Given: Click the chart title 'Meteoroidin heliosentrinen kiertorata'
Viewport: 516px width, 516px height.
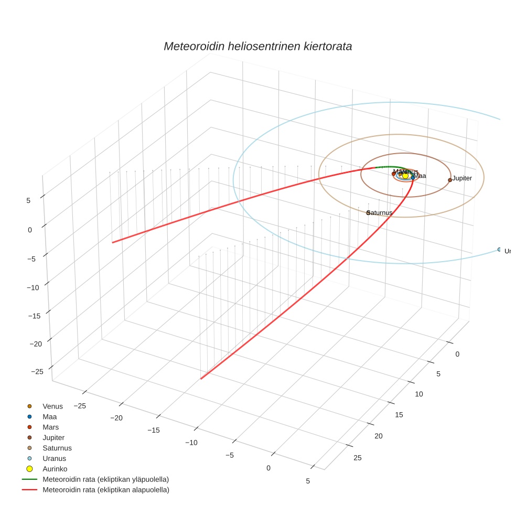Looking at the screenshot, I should (257, 46).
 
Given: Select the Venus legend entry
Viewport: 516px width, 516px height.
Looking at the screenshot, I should (52, 406).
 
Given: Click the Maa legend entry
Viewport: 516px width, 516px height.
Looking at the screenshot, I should (49, 416).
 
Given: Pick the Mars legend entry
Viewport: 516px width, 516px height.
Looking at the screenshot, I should (50, 427).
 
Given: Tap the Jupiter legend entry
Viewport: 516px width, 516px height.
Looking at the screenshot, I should (53, 437).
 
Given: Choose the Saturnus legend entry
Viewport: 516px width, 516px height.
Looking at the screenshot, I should (57, 448).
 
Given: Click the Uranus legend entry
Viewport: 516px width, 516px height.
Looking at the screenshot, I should (54, 458).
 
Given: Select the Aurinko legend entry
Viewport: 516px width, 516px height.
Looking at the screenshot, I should (55, 469).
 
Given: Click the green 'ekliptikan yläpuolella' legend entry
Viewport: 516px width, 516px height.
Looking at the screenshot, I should (105, 479).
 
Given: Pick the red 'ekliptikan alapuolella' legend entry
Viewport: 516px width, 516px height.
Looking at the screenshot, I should (105, 490).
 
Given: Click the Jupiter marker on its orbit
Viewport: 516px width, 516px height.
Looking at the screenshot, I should (450, 180).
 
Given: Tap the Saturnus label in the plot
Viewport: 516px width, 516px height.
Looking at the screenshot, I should (380, 212).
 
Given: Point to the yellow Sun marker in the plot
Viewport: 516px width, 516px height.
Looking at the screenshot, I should (405, 176).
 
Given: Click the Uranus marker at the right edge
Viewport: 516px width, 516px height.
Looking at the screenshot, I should (499, 249).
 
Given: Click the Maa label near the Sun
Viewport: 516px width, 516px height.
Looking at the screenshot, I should (420, 176).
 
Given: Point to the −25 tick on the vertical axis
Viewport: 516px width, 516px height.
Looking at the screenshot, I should (37, 371).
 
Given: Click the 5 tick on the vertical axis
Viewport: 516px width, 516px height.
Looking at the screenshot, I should (28, 200).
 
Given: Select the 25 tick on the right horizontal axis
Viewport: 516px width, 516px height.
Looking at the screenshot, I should (358, 458).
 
